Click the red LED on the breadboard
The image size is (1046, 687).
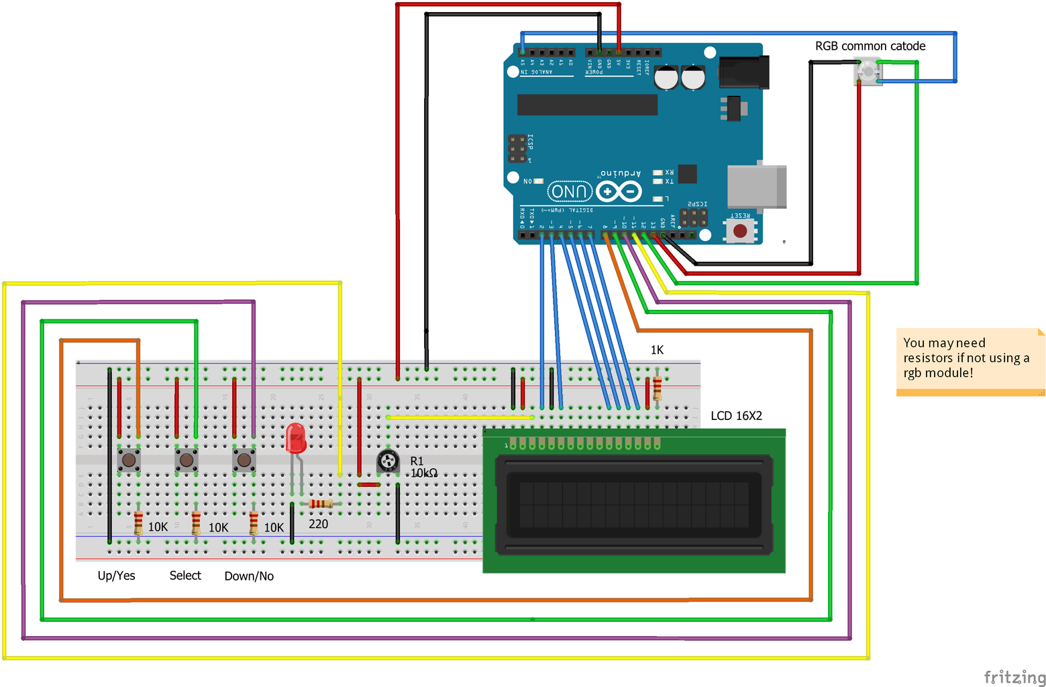pos(295,437)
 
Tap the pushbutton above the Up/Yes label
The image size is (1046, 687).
pos(129,460)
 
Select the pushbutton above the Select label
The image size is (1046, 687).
pos(187,460)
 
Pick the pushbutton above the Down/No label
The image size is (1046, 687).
pos(244,460)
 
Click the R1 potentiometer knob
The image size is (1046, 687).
pos(388,461)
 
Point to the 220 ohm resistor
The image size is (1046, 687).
pos(321,504)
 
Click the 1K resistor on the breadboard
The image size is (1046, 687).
pos(657,388)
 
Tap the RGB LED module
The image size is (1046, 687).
pos(867,71)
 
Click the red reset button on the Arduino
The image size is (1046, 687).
pos(740,231)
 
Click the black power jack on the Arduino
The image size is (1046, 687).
pos(743,72)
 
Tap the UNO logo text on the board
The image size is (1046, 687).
pos(570,192)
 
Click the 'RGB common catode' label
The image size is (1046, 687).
pos(870,46)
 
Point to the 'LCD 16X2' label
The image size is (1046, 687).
pos(736,416)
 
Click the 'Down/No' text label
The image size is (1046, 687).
pos(249,576)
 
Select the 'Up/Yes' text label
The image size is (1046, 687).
pos(116,576)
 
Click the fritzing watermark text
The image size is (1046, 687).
pos(1014,676)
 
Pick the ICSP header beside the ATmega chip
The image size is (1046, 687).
pos(517,148)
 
